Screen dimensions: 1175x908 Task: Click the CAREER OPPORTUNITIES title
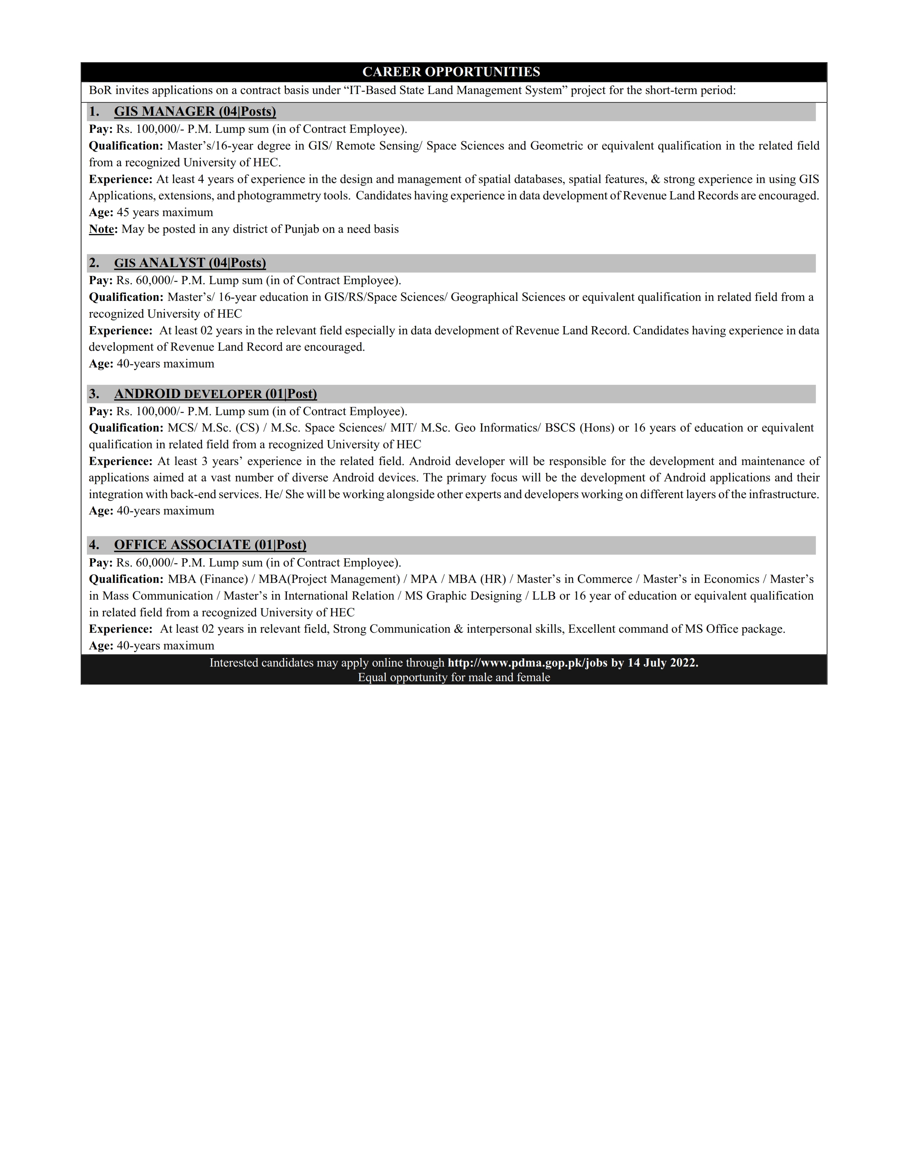pyautogui.click(x=451, y=72)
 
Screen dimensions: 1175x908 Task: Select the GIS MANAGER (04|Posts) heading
pyautogui.click(x=195, y=111)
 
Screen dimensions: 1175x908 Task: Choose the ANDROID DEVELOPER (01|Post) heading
pyautogui.click(x=215, y=394)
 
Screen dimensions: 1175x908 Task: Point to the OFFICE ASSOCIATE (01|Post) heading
pyautogui.click(x=210, y=545)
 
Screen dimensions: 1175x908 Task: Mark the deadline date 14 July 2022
pyautogui.click(x=662, y=663)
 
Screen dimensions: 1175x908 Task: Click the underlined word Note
pyautogui.click(x=102, y=229)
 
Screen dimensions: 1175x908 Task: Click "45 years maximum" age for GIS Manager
pyautogui.click(x=165, y=213)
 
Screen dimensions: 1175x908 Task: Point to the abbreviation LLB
pyautogui.click(x=544, y=596)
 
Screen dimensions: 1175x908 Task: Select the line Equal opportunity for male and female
pyautogui.click(x=454, y=677)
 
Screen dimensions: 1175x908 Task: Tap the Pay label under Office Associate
pyautogui.click(x=100, y=563)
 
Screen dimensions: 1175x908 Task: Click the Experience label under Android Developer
pyautogui.click(x=120, y=461)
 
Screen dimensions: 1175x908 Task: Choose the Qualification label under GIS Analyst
pyautogui.click(x=126, y=297)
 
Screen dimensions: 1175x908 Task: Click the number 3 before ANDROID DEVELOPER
pyautogui.click(x=94, y=394)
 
